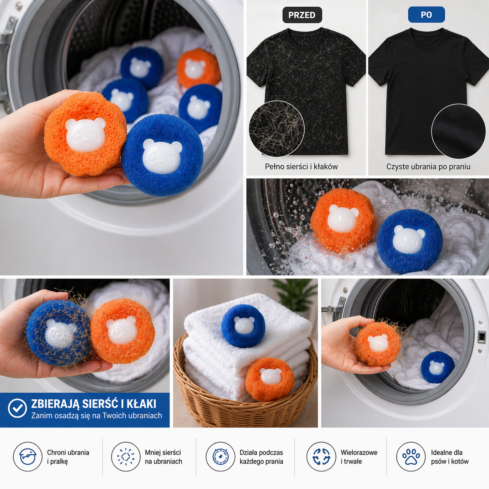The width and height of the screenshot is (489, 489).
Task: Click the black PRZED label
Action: tap(302, 15)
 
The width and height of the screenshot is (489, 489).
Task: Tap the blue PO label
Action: tap(426, 15)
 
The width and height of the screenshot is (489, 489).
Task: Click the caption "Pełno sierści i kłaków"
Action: tap(301, 167)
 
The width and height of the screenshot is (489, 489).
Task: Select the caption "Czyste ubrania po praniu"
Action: tap(428, 167)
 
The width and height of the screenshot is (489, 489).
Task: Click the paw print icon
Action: tap(411, 457)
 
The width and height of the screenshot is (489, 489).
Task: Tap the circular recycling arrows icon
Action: tap(321, 457)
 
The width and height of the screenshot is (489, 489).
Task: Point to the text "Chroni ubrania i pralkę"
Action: tap(68, 457)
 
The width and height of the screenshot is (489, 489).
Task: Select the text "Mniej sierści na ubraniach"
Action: tap(163, 457)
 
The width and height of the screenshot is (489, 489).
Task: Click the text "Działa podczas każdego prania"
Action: tap(261, 457)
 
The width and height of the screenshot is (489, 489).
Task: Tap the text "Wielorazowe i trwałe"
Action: tap(359, 457)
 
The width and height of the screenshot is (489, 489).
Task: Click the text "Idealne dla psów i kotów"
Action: tap(450, 457)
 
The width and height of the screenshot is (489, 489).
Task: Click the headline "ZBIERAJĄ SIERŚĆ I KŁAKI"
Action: tap(94, 404)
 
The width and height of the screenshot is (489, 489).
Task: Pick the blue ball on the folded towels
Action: tap(243, 326)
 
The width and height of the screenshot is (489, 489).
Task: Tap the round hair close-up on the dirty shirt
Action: tap(276, 128)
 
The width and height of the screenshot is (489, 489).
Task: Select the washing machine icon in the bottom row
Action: tap(28, 457)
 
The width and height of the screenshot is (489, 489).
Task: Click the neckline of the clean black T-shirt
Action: tap(428, 32)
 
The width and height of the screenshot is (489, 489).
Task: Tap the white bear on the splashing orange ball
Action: tap(343, 219)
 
